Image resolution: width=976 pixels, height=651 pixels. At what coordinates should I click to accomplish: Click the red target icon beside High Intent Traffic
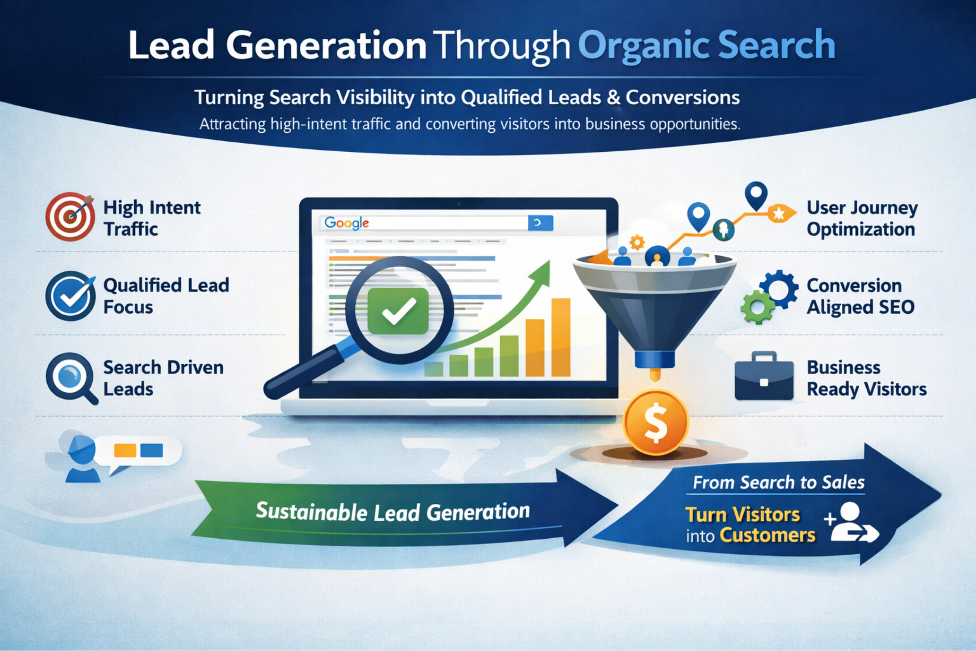pos(70,217)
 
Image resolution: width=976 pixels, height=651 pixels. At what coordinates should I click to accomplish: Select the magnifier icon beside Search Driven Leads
pos(72,378)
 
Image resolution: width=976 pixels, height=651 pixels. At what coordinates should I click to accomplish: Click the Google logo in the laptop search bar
pos(346,223)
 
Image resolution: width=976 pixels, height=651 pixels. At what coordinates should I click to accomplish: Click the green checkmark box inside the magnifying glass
pos(398,311)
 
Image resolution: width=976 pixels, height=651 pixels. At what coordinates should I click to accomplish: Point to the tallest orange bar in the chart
pos(561,337)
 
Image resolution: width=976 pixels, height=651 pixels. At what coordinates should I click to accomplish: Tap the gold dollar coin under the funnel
pos(656,422)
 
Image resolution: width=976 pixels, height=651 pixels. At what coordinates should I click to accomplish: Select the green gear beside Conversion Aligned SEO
pos(758,307)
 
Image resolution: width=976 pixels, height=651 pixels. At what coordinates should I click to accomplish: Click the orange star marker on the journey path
pos(780,213)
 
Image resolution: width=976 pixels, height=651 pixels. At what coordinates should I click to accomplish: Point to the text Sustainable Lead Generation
pos(392,512)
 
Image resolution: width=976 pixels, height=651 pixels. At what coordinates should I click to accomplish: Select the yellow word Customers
pos(767,535)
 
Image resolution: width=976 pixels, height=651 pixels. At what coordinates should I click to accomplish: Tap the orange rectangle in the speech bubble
pos(125,450)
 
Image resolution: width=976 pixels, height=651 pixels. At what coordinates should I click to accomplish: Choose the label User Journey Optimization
pos(862,218)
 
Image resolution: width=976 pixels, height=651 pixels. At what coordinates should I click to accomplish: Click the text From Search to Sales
pos(778,483)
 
